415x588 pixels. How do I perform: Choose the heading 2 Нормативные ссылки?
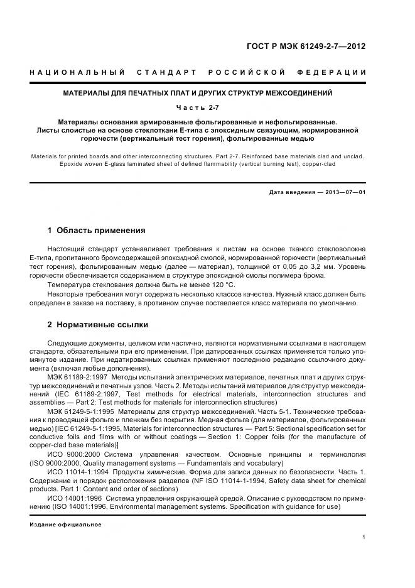pos(98,325)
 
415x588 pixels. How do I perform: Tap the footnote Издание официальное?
pos(65,524)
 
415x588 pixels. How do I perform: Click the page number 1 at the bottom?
pos(364,536)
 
